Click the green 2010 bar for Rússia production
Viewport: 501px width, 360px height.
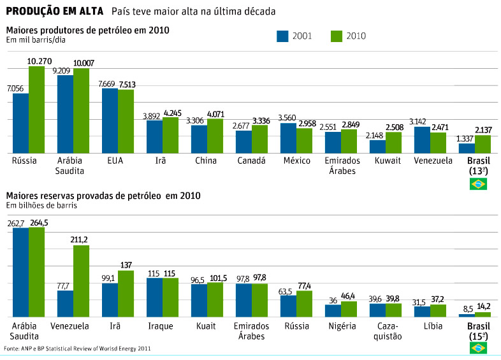(36, 110)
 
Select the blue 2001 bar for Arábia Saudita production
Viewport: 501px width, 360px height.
(65, 114)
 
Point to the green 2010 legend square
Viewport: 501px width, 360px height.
(337, 36)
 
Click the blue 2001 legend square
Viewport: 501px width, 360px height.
(283, 36)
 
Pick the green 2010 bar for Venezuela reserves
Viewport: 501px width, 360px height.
(81, 281)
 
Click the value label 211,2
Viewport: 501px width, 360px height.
(81, 240)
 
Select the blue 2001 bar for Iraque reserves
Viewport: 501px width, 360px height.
(154, 297)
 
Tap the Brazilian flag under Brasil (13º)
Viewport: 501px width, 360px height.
(478, 184)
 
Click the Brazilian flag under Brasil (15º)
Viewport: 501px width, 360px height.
(478, 347)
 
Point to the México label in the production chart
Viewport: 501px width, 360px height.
(297, 161)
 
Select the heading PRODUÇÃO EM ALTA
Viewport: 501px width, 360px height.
(55, 11)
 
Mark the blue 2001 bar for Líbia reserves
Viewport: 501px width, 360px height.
(422, 312)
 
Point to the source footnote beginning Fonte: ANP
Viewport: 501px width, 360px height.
(78, 349)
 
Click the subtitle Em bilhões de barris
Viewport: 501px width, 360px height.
(43, 205)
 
